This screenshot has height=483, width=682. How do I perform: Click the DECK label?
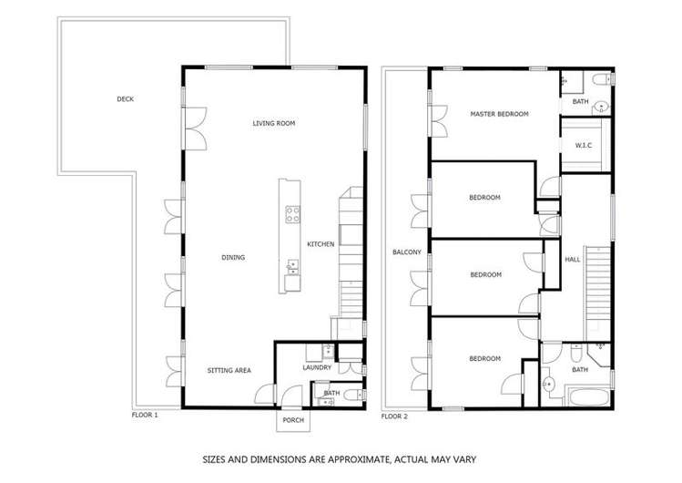(x=126, y=99)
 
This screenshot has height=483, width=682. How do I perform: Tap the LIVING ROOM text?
(x=274, y=123)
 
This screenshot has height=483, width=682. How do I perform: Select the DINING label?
(x=233, y=258)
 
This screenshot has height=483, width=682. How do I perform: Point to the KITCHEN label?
(x=321, y=244)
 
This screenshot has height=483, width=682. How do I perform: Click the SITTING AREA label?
(x=229, y=370)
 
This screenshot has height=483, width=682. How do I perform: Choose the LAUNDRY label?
(x=316, y=368)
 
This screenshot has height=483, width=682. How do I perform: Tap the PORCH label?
(x=293, y=420)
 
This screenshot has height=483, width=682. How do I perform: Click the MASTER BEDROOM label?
(x=500, y=115)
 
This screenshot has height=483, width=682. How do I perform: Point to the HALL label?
(x=573, y=260)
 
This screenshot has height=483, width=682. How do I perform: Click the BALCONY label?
(x=406, y=252)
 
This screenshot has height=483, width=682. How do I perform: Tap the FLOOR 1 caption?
(x=145, y=415)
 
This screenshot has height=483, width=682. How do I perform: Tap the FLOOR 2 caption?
(x=393, y=416)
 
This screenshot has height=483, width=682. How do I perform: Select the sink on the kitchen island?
(x=293, y=266)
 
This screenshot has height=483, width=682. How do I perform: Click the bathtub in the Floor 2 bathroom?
(x=589, y=397)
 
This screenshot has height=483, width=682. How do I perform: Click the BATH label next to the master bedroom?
(x=580, y=101)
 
